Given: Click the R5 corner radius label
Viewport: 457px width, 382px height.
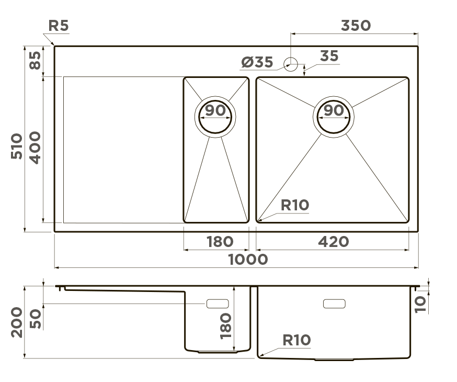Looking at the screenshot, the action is click(x=59, y=25).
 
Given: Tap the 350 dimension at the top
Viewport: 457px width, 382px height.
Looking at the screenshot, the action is click(x=356, y=25).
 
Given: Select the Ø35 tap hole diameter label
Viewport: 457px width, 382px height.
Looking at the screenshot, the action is click(x=257, y=62).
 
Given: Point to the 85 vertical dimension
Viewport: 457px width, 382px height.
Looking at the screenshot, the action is click(x=35, y=60).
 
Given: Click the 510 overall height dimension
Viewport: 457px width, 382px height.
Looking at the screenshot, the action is click(x=17, y=146).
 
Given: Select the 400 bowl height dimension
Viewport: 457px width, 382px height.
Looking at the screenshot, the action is click(x=35, y=148).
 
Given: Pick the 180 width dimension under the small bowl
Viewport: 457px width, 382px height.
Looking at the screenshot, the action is click(x=220, y=241).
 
